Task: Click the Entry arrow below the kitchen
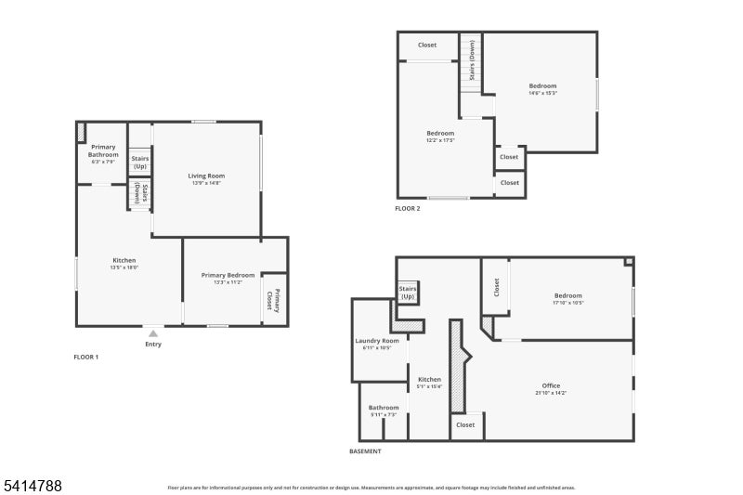point(153,333)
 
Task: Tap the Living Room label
point(206,176)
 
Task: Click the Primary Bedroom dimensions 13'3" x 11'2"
point(228,282)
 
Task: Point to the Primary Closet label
point(275,300)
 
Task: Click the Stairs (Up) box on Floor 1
point(140,162)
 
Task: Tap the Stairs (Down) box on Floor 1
point(140,193)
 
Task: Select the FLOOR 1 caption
point(85,357)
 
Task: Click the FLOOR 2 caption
point(407,209)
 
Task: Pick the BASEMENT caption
point(365,451)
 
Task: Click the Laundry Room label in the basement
point(377,341)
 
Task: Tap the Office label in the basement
point(551,385)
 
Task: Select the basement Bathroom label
point(384,408)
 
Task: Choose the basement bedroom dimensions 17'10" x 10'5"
point(568,303)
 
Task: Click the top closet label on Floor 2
point(427,45)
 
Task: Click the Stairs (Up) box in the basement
point(408,293)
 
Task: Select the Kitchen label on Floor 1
point(124,260)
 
